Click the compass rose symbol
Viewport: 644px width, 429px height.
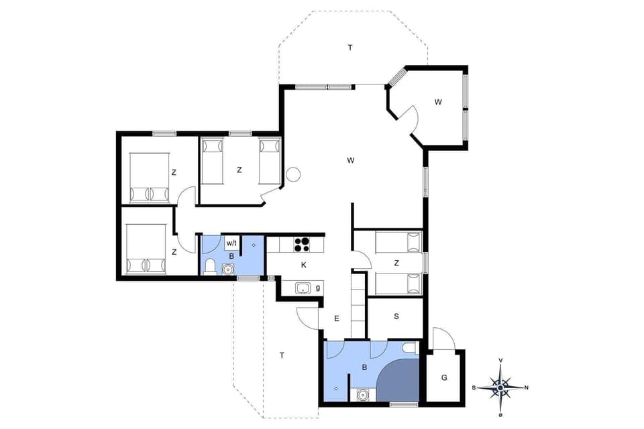pyautogui.click(x=500, y=387)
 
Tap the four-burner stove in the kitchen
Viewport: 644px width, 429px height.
pyautogui.click(x=302, y=244)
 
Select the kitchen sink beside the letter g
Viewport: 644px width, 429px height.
pyautogui.click(x=303, y=288)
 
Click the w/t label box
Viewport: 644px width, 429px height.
pyautogui.click(x=231, y=243)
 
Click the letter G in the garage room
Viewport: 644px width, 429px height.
pyautogui.click(x=444, y=377)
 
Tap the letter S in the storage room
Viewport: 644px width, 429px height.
pyautogui.click(x=396, y=316)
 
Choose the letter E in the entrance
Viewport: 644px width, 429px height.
pyautogui.click(x=337, y=318)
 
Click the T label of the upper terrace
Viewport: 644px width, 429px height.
pyautogui.click(x=350, y=48)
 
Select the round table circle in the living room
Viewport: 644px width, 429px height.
pyautogui.click(x=293, y=175)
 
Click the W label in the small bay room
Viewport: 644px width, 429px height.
pyautogui.click(x=437, y=102)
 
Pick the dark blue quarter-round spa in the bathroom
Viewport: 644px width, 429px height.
pyautogui.click(x=400, y=381)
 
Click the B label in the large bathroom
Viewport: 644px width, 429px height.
pyautogui.click(x=364, y=367)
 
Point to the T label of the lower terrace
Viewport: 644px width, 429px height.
pyautogui.click(x=282, y=355)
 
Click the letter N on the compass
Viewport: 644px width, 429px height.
pyautogui.click(x=526, y=387)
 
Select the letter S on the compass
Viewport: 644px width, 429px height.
pyautogui.click(x=475, y=387)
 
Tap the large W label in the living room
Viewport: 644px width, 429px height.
pyautogui.click(x=351, y=160)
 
